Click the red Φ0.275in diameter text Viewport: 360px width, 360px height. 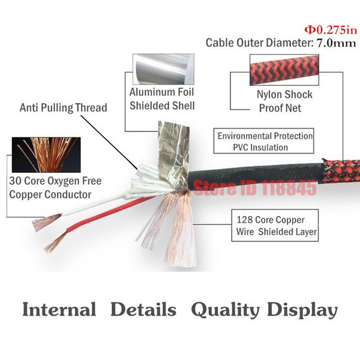(x=331, y=30)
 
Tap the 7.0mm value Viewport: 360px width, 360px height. (x=336, y=43)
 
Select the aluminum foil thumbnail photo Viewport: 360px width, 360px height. (x=163, y=69)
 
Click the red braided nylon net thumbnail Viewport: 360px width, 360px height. (x=284, y=70)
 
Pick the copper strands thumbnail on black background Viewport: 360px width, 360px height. (x=46, y=155)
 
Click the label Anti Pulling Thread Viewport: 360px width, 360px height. (x=64, y=107)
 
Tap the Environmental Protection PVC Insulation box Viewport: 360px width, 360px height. (x=263, y=141)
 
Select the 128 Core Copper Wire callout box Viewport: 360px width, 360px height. (x=275, y=225)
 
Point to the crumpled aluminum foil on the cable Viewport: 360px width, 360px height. (x=173, y=154)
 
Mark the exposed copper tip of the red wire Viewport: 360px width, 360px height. (x=55, y=243)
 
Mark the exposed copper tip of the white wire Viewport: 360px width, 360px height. (x=47, y=221)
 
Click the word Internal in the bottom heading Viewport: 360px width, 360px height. (x=59, y=309)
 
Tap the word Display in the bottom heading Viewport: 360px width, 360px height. (x=302, y=310)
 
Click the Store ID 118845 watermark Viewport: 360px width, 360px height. (x=255, y=188)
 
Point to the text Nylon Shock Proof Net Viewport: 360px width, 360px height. (x=284, y=101)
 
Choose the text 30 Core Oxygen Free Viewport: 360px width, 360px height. (x=55, y=181)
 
